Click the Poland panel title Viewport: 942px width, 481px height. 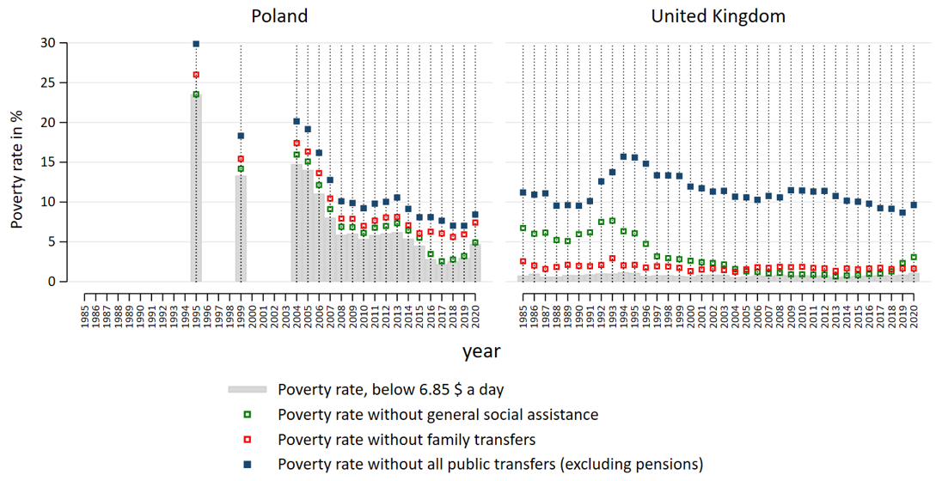[279, 16]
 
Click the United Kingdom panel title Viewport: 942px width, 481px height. [718, 16]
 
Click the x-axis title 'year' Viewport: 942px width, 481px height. [481, 350]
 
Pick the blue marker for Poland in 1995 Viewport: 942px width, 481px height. [196, 43]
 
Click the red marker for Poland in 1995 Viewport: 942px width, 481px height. [196, 75]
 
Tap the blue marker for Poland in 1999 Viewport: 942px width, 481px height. [242, 136]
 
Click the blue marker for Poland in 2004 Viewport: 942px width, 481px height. [297, 121]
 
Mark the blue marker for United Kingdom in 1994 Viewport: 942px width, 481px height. [624, 156]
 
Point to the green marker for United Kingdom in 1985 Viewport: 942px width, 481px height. [523, 228]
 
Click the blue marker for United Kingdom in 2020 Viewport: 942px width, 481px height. [914, 205]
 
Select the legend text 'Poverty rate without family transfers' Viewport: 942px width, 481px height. [407, 440]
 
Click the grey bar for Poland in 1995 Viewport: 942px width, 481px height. [196, 189]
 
